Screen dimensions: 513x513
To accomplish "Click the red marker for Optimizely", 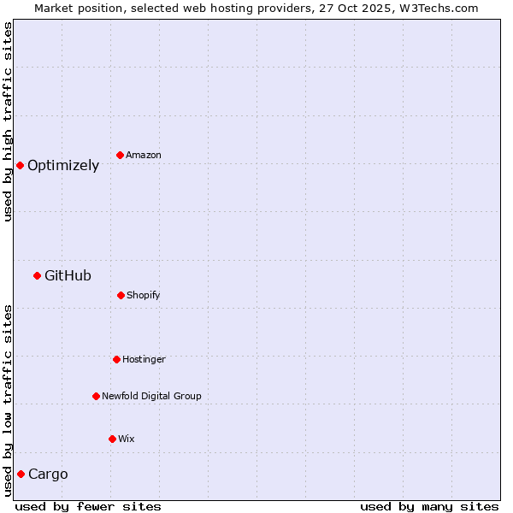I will click(x=20, y=165).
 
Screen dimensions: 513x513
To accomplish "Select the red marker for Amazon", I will click(x=120, y=155).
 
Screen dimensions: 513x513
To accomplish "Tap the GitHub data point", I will click(x=37, y=275).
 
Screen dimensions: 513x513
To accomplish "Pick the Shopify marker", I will click(x=121, y=295).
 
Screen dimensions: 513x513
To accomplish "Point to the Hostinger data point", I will click(x=116, y=359).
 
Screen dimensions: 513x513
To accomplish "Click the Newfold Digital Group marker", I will click(x=96, y=396).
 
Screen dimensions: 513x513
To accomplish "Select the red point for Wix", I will click(x=112, y=439).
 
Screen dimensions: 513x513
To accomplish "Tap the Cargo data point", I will click(x=21, y=474).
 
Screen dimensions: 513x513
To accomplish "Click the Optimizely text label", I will click(x=63, y=166).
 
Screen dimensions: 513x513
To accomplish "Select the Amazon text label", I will click(x=144, y=156).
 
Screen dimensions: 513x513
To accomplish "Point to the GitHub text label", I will click(x=68, y=276).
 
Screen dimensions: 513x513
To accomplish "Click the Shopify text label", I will click(x=144, y=296).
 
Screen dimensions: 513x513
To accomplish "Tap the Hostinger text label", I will click(x=144, y=360).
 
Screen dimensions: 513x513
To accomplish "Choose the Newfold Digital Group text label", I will click(x=151, y=397).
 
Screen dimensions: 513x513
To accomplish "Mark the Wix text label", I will click(x=127, y=439).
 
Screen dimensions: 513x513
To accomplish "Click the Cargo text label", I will click(x=48, y=475).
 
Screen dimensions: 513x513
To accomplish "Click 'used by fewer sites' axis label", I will click(x=88, y=506).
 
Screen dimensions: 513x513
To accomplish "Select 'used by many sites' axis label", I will click(x=429, y=506).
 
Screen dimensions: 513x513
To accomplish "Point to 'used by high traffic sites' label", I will click(x=8, y=121).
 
